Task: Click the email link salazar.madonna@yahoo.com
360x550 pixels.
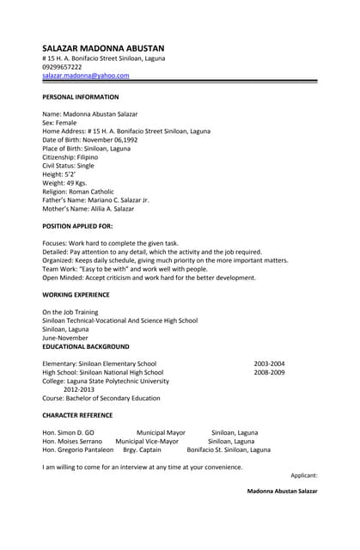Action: pyautogui.click(x=86, y=76)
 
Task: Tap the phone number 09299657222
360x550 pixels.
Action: pyautogui.click(x=63, y=67)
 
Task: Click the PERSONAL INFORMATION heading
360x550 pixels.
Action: pyautogui.click(x=81, y=97)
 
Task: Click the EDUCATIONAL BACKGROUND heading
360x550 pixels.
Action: pyautogui.click(x=86, y=346)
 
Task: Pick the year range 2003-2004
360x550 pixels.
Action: pyautogui.click(x=269, y=364)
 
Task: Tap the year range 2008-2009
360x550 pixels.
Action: pyautogui.click(x=269, y=372)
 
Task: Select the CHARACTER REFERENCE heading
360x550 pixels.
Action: pyautogui.click(x=79, y=415)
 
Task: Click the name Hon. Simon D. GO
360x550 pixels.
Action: pyautogui.click(x=68, y=432)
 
